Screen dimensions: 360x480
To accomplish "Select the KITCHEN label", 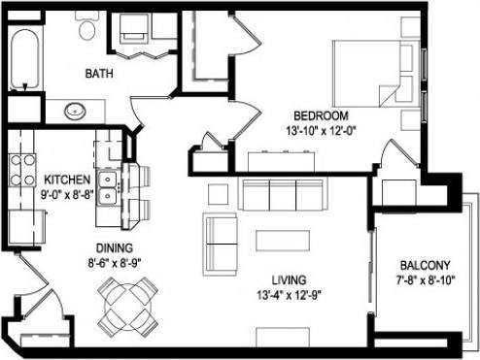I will tap(67, 180).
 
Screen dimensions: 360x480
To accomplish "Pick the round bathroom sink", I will tap(76, 111).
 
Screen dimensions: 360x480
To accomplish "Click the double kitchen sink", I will tap(108, 187).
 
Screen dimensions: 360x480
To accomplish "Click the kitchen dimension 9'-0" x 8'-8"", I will tap(67, 194).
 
